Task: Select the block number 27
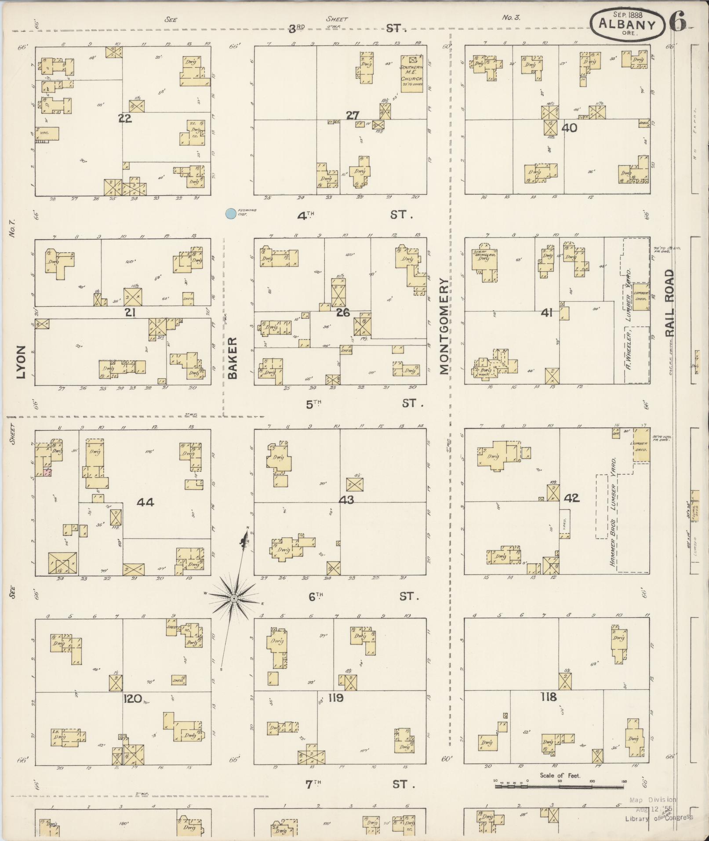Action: click(x=353, y=116)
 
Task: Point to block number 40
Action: click(x=570, y=128)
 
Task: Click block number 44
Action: click(x=145, y=502)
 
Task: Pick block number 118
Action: click(x=549, y=696)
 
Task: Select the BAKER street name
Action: click(x=233, y=357)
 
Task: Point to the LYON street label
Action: click(x=21, y=361)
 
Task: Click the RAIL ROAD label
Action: click(x=669, y=303)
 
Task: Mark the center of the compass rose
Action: click(x=234, y=598)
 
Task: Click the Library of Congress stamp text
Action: click(x=659, y=818)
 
